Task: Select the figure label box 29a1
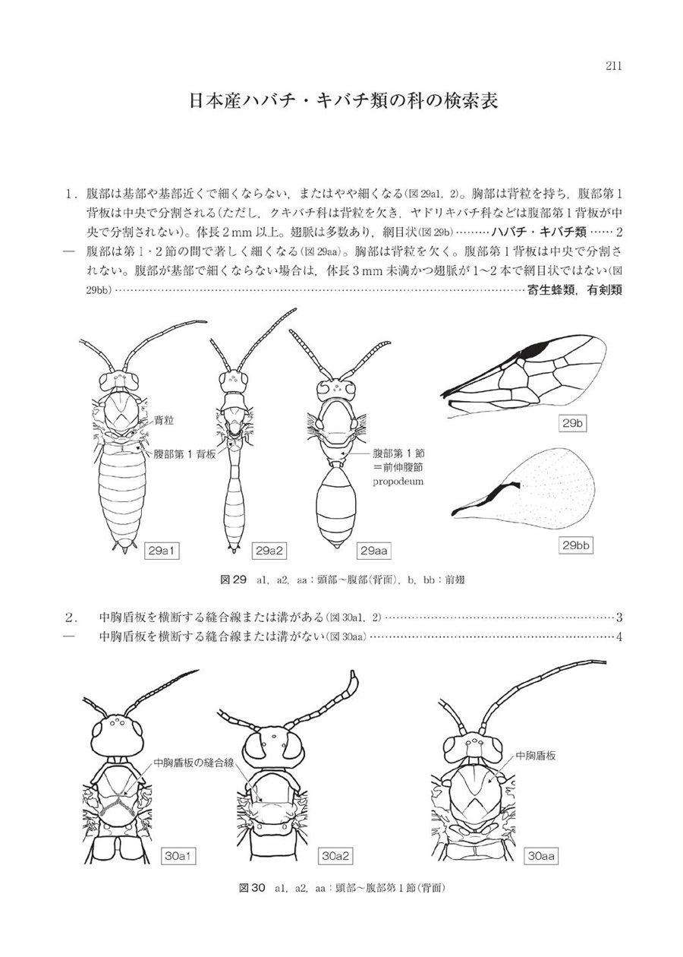pos(163,550)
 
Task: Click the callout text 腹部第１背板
pos(184,453)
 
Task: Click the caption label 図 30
pos(250,887)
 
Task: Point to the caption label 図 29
pos(233,580)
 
